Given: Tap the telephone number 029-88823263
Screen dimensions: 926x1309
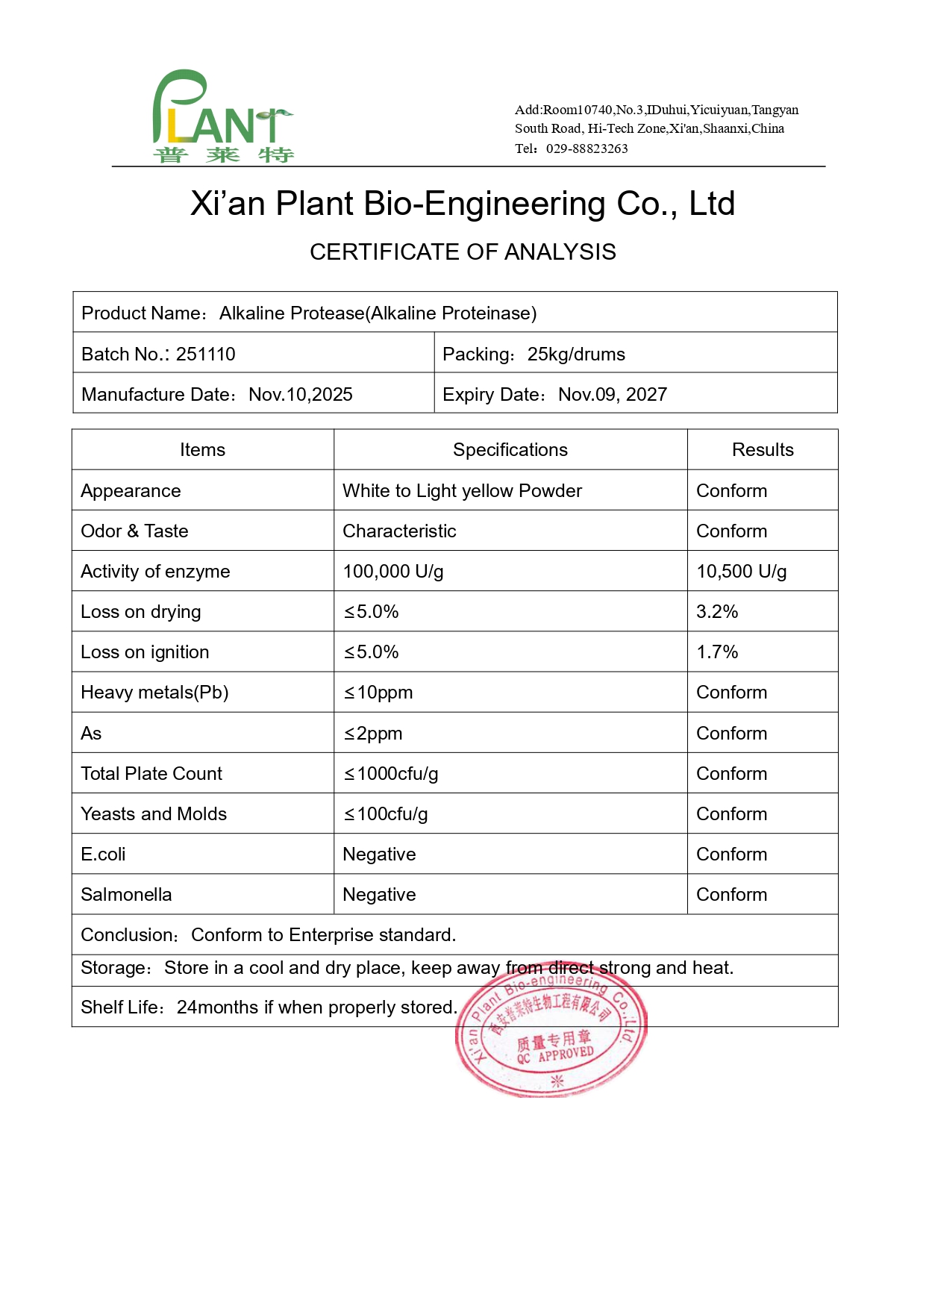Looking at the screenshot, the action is point(586,149).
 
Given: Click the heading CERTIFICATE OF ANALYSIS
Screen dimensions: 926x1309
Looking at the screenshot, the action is point(463,252).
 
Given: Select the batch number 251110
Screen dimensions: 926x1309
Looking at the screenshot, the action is point(205,354).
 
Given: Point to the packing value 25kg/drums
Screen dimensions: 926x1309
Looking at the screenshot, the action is point(576,354).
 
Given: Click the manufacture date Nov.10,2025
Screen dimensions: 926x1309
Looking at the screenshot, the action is point(300,394).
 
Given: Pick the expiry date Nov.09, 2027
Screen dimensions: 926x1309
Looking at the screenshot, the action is point(612,394).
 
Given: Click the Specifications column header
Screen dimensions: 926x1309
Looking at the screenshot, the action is point(510,450).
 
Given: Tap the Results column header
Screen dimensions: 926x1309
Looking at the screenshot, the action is point(762,450).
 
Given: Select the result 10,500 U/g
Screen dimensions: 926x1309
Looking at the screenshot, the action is point(741,572).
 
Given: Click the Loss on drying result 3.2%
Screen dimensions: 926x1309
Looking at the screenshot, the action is point(716,612).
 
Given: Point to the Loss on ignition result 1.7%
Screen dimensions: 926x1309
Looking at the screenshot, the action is point(716,652).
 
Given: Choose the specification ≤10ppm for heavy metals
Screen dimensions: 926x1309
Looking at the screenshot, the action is point(378,693).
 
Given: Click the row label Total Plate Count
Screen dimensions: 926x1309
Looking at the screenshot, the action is point(151,774).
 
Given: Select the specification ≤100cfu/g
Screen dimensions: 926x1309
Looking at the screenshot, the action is point(385,814).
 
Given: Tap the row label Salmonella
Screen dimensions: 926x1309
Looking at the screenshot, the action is point(126,895).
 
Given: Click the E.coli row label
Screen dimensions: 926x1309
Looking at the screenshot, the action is point(103,855).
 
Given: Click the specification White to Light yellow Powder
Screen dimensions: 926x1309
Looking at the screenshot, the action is point(462,491).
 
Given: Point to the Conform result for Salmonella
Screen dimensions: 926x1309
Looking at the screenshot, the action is point(731,895).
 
